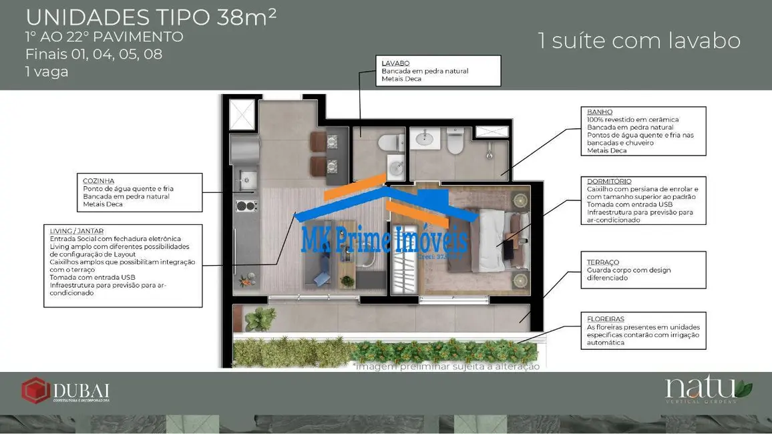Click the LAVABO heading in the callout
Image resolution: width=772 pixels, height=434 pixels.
pyautogui.click(x=395, y=63)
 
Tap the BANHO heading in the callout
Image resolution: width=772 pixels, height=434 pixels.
pyautogui.click(x=600, y=112)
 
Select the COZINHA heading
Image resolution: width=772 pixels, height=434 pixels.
pyautogui.click(x=98, y=181)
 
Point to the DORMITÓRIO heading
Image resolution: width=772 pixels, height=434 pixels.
pyautogui.click(x=609, y=181)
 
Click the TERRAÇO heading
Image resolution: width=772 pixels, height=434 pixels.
pyautogui.click(x=603, y=262)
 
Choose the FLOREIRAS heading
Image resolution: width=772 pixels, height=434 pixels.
pyautogui.click(x=606, y=319)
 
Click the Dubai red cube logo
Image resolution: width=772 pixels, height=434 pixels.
pyautogui.click(x=35, y=391)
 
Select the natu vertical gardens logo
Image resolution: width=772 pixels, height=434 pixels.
pyautogui.click(x=708, y=390)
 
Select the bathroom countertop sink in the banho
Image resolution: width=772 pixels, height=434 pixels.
pyautogui.click(x=424, y=139)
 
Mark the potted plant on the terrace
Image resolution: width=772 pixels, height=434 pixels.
pyautogui.click(x=259, y=318)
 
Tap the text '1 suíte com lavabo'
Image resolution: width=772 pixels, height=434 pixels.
pyautogui.click(x=639, y=41)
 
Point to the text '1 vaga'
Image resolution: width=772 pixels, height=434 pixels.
pyautogui.click(x=47, y=72)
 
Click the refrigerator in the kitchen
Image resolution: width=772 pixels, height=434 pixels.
pyautogui.click(x=244, y=150)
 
